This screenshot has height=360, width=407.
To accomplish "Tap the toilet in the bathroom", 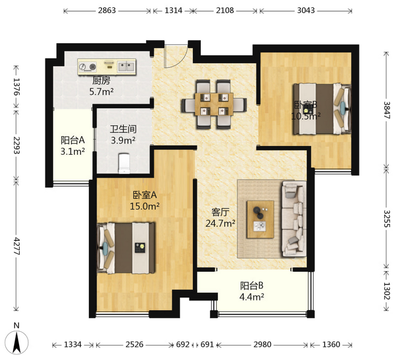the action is tap(124, 163).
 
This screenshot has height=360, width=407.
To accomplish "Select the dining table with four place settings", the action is tap(214, 104).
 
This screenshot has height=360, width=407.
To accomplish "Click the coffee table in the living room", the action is tap(260, 219).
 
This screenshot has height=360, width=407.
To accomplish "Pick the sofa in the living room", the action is tap(294, 219).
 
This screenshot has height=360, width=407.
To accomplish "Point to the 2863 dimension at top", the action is tap(107, 11).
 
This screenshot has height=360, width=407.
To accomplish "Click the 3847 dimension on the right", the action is tap(387, 110).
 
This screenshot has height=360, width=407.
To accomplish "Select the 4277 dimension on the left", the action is tap(16, 246).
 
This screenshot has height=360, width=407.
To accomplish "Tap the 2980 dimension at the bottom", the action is tap(262, 345).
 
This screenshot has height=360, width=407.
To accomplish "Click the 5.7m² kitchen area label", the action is tap(101, 91).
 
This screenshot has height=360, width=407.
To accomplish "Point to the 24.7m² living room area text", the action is tap(221, 223).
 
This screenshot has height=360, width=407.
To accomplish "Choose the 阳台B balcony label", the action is tap(251, 286).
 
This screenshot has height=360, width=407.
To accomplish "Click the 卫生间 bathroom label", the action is tap(123, 129).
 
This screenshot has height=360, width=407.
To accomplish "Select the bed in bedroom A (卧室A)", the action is tap(126, 248).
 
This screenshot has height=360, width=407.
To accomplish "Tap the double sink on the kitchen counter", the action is tap(126, 66).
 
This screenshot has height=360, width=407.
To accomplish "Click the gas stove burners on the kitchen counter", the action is tap(88, 67).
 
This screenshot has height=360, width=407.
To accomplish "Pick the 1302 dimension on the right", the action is tap(387, 291).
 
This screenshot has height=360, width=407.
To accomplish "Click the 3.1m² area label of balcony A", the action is tap(73, 151).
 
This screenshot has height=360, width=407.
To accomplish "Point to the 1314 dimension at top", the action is tap(173, 11).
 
